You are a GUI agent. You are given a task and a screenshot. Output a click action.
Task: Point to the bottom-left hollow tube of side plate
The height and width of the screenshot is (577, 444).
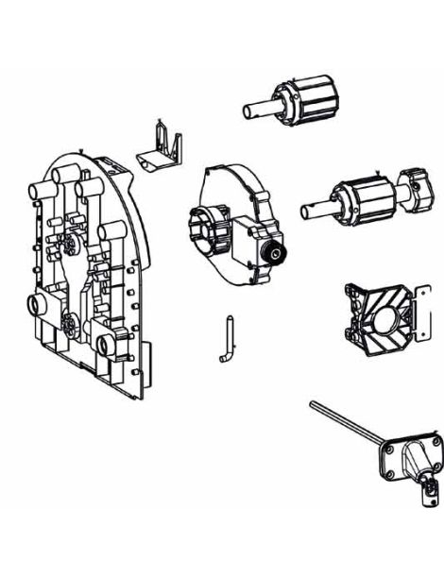pos(41,308)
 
